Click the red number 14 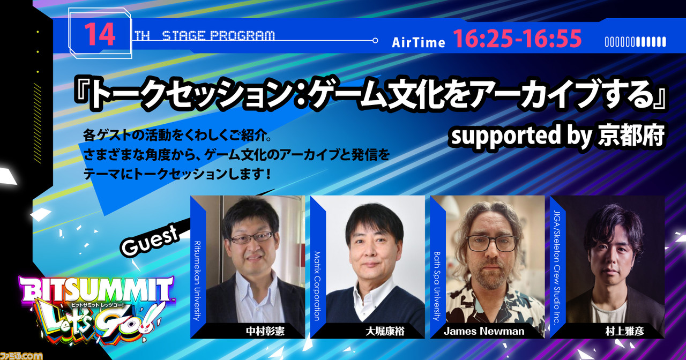100,35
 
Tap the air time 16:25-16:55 517,39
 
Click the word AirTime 419,42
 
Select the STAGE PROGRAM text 218,36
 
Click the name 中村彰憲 265,331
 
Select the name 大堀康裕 385,331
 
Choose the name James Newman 484,331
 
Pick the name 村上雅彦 625,331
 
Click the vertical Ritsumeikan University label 197,281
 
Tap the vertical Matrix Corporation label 317,286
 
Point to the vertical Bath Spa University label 437,286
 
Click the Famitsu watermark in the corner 21,356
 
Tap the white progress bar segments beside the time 636,42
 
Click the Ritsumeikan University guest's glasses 251,237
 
